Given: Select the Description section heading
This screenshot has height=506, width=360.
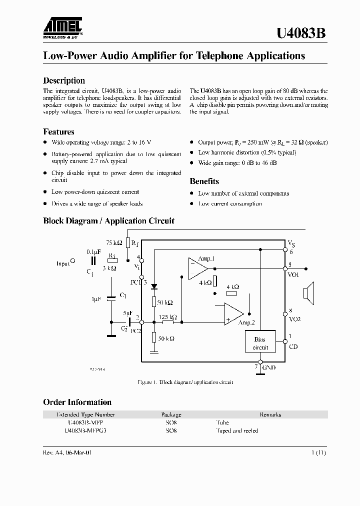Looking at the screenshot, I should (x=64, y=80).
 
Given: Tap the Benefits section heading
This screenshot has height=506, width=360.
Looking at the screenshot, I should (x=204, y=181).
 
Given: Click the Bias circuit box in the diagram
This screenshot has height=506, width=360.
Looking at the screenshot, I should (x=260, y=343).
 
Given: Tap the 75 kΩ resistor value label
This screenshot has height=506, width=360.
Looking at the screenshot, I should (x=114, y=242).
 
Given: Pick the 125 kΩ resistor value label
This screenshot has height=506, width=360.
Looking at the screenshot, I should (x=168, y=317).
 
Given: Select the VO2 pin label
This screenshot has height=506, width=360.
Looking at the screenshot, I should (x=294, y=318).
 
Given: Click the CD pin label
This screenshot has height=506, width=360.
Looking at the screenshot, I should (x=293, y=346).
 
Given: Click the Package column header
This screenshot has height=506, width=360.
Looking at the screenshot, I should (x=171, y=414).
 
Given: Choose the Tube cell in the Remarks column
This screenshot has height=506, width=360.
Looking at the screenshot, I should (x=222, y=422).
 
